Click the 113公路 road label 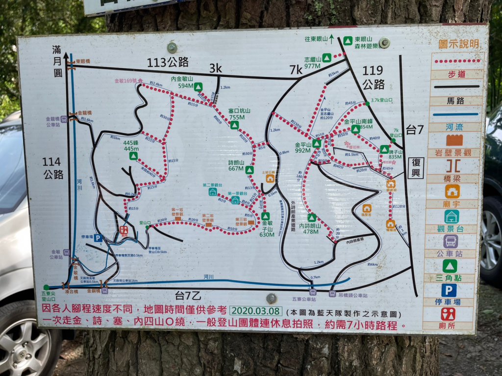coord(168,62)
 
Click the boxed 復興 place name coord(416,168)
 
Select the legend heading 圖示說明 coord(458,44)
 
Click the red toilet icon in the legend coord(448,314)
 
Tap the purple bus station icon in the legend coord(451,241)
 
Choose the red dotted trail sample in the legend coord(457,61)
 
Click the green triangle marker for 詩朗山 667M coord(250,170)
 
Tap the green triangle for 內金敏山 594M coord(198,87)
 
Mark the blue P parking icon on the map coord(98,238)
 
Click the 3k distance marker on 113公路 coord(216,68)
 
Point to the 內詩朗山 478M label coord(312,229)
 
